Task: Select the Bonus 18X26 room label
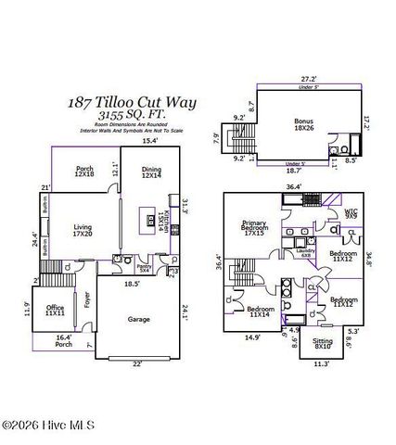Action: click(303, 124)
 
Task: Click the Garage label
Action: click(139, 319)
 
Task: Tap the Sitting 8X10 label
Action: click(297, 343)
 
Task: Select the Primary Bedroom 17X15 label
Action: click(254, 227)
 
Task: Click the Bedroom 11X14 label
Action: click(261, 311)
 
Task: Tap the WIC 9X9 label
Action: click(351, 213)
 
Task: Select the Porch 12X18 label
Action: click(85, 172)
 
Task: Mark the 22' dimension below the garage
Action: click(137, 363)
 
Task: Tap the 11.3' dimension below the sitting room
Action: click(295, 364)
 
